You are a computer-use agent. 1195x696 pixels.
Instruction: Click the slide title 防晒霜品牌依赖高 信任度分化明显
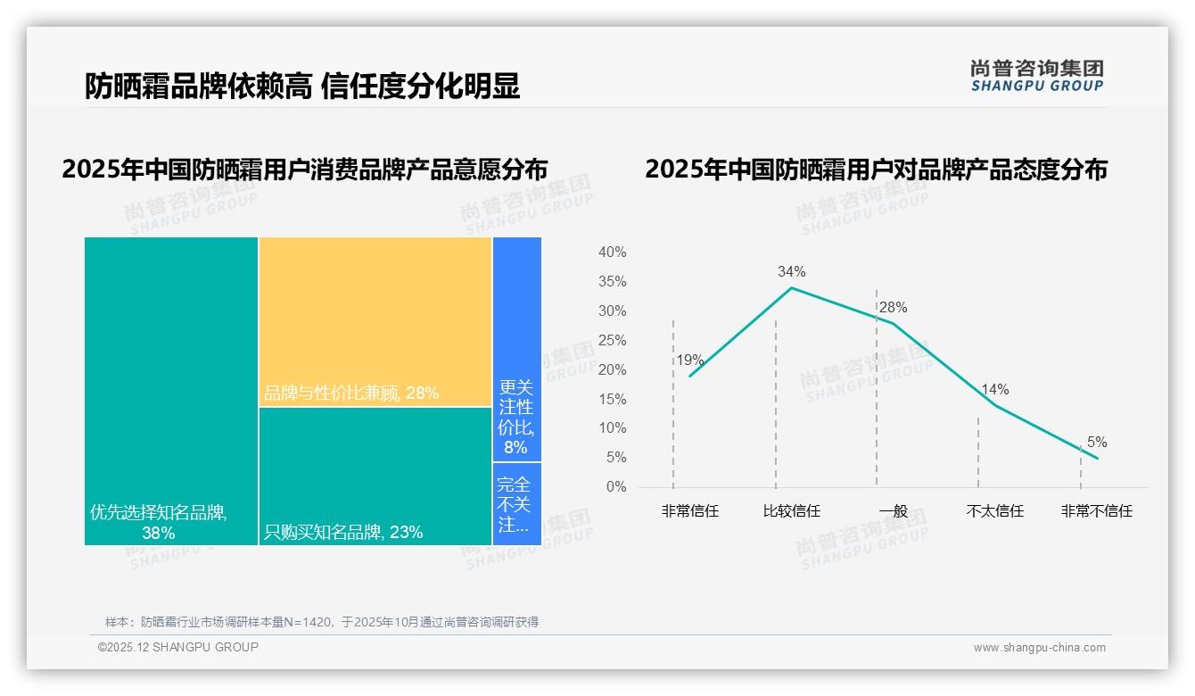(302, 87)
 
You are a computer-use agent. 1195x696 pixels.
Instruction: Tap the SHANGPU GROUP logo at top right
(1037, 76)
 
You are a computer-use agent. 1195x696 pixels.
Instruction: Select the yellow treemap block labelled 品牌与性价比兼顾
(375, 321)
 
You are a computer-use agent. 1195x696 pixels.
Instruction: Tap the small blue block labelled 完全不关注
(516, 503)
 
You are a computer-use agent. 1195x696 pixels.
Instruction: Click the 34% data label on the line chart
(791, 271)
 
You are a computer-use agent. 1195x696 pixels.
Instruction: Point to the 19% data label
(689, 360)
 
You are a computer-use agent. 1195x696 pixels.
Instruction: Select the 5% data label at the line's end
(1097, 442)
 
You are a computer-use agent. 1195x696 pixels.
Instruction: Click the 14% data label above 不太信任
(994, 389)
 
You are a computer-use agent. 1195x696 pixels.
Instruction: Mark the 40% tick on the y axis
(612, 253)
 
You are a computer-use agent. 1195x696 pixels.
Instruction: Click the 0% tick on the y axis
(615, 487)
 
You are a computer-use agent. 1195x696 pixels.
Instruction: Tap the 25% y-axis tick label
(612, 341)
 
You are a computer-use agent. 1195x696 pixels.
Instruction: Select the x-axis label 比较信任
(791, 511)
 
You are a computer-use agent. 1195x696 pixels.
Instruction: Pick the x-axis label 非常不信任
(1096, 511)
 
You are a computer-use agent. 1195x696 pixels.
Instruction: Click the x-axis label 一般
(893, 511)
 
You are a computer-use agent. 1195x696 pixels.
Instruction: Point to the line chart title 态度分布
(876, 170)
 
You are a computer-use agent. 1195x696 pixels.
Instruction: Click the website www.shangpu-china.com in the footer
(1039, 648)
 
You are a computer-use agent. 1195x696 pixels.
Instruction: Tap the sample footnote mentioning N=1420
(322, 622)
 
